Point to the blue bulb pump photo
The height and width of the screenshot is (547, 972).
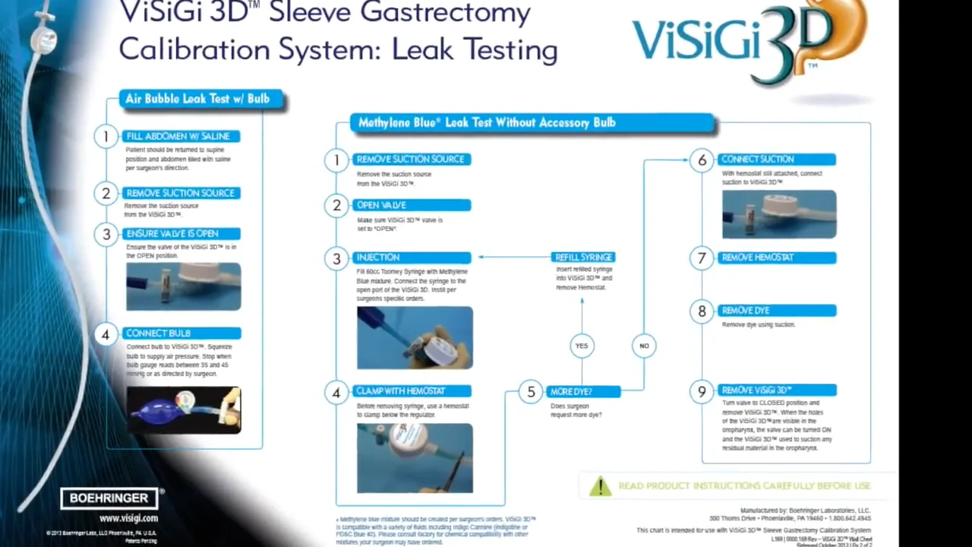[x=184, y=410]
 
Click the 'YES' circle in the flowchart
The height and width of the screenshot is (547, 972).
[x=582, y=346]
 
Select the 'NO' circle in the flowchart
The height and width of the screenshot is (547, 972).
[x=644, y=346]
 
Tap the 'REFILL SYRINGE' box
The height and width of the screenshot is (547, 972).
[x=583, y=258]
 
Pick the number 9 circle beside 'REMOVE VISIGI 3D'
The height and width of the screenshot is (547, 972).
[x=702, y=391]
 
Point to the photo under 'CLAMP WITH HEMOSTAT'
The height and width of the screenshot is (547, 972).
[x=415, y=458]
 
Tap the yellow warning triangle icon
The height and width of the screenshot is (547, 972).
[x=600, y=486]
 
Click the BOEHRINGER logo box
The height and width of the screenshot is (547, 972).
[x=109, y=498]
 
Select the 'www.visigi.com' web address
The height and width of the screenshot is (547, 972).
[x=128, y=519]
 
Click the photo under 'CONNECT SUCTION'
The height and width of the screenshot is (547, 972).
[x=779, y=214]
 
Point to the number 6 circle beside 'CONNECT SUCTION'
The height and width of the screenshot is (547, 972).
[x=702, y=160]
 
